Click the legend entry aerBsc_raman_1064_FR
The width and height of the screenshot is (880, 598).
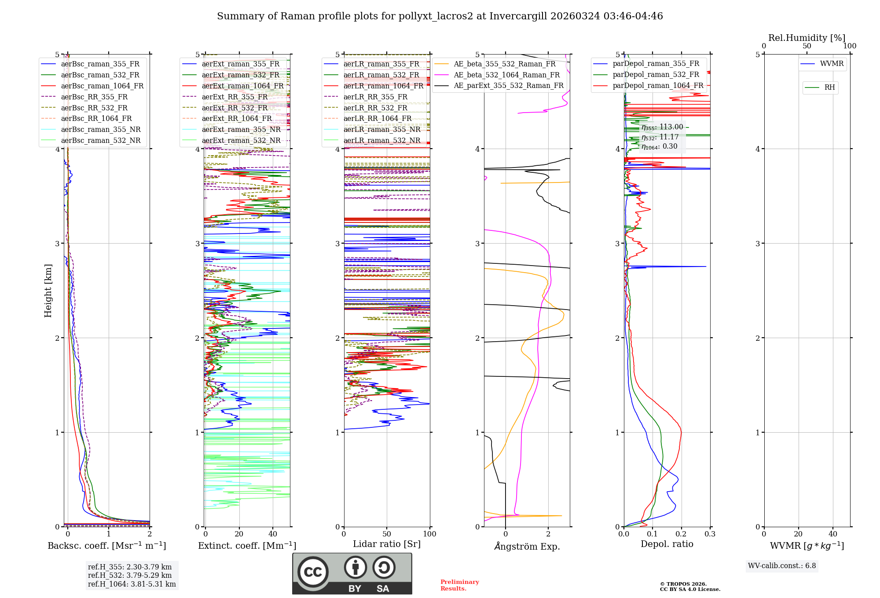[102, 86]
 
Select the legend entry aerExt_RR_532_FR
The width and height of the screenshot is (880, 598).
[235, 108]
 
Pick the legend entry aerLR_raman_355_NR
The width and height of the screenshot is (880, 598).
[381, 129]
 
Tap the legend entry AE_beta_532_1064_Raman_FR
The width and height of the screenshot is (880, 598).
[506, 75]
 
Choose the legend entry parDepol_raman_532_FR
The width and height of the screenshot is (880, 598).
[656, 74]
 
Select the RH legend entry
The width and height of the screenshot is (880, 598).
[829, 88]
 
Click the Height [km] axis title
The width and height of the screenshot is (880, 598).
[48, 290]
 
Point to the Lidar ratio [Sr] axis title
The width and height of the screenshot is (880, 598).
[387, 544]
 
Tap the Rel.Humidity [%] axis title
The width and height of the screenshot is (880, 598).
[807, 38]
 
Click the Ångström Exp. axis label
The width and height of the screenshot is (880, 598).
[527, 546]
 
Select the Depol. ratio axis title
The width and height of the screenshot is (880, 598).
[667, 544]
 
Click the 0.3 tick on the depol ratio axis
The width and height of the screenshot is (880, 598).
[710, 534]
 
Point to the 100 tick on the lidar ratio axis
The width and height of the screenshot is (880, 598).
[429, 534]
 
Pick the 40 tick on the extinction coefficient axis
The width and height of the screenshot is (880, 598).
[273, 534]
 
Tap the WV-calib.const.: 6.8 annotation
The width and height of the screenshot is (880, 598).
[781, 565]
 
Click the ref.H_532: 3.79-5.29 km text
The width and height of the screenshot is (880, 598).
[130, 575]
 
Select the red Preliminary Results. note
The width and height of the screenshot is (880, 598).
[459, 585]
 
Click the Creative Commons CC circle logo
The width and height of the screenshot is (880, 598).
[313, 572]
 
